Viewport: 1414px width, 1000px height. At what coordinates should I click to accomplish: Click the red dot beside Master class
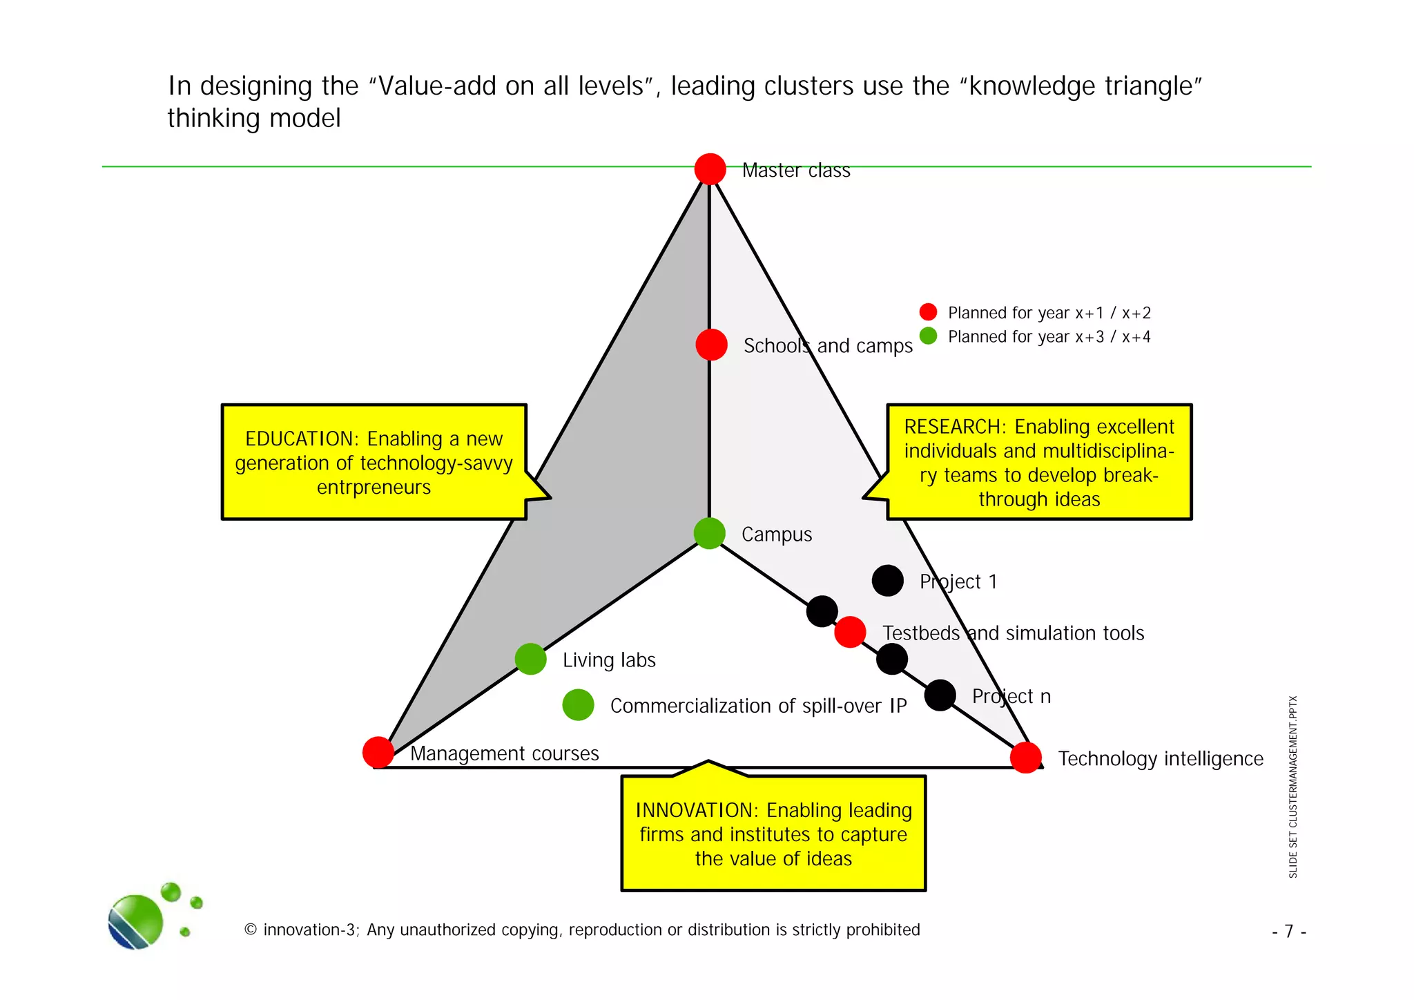[710, 169]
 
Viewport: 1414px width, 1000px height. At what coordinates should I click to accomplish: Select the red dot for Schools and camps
[711, 345]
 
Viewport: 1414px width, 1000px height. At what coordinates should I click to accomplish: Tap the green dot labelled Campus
[709, 533]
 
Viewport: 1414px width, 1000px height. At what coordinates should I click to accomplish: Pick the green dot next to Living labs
[530, 658]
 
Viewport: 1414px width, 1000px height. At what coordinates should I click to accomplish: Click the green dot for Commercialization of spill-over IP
[578, 704]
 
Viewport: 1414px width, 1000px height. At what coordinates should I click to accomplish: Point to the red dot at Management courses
[378, 752]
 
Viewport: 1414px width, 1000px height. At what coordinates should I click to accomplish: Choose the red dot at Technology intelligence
[1025, 758]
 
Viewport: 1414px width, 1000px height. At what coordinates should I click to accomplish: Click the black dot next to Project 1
[887, 580]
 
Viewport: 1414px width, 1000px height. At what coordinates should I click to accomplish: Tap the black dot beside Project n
[940, 695]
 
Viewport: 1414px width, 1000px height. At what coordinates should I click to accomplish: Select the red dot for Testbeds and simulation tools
[850, 631]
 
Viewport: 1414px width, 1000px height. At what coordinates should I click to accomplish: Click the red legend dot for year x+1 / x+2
[928, 312]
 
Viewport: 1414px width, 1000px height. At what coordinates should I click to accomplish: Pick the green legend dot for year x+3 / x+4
[928, 336]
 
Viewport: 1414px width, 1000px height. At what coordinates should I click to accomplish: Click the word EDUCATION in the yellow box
[299, 439]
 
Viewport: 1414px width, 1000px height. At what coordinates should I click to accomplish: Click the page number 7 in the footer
[1288, 932]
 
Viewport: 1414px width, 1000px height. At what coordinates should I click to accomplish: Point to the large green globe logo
[136, 921]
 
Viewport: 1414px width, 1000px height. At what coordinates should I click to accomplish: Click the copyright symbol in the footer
[251, 930]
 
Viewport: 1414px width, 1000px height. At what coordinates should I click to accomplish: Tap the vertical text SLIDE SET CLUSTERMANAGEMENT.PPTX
[1293, 787]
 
